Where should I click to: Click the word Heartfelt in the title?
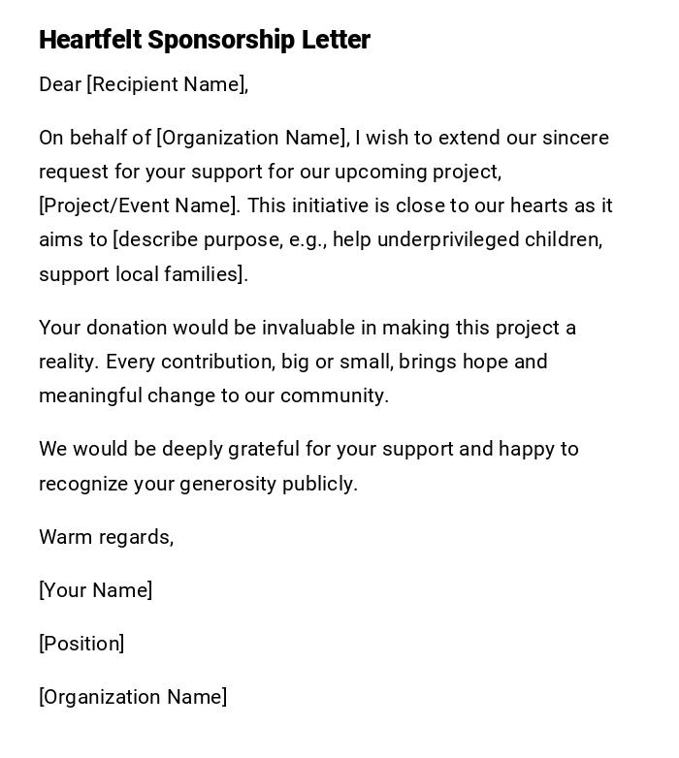point(91,40)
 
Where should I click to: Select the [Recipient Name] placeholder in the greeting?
point(167,84)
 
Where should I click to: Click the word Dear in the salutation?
point(60,84)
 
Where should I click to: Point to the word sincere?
point(575,138)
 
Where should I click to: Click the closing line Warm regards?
point(106,537)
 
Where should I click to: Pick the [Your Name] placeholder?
point(95,590)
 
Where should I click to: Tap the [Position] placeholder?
point(81,644)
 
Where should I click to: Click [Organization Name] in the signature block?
point(133,697)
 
